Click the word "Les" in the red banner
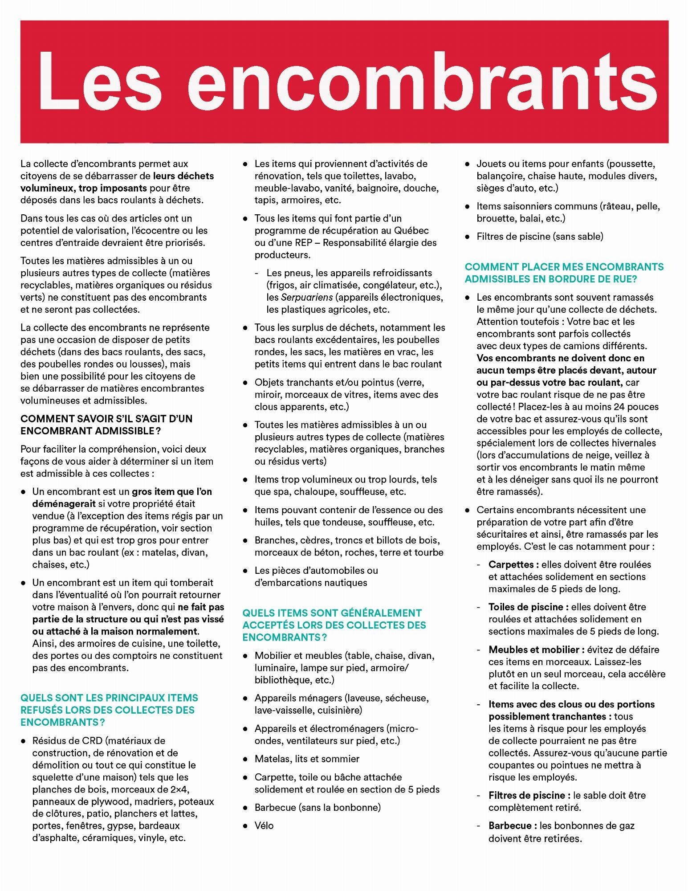click(x=100, y=81)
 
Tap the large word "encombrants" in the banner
click(x=423, y=81)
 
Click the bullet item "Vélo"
click(x=264, y=826)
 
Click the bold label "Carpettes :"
click(x=513, y=564)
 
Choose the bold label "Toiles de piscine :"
click(x=528, y=607)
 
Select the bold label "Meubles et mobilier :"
click(x=536, y=650)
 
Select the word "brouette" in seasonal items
click(x=495, y=218)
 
